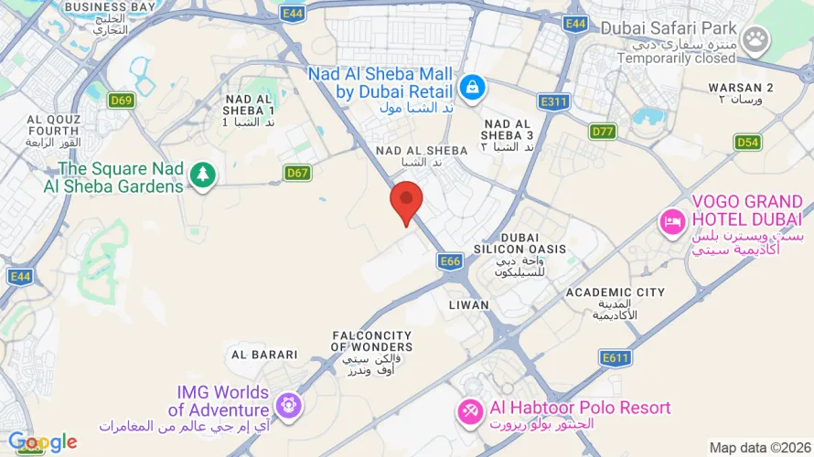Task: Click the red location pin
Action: point(406,200)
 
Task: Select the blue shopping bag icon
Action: point(472,87)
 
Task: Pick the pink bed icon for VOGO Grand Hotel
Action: point(673,222)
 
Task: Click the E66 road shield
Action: point(450,261)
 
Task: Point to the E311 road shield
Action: point(554,101)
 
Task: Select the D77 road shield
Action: point(603,132)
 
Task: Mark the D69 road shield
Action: point(122,101)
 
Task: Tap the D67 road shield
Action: point(296,173)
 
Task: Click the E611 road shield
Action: point(615,357)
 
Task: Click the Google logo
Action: point(42,443)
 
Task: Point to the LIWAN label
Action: point(469,305)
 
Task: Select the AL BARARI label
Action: point(264,355)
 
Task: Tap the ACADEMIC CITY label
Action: point(615,292)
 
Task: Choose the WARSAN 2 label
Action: point(741,88)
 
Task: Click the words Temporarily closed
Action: point(676,58)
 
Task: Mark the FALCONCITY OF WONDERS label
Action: point(371,341)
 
